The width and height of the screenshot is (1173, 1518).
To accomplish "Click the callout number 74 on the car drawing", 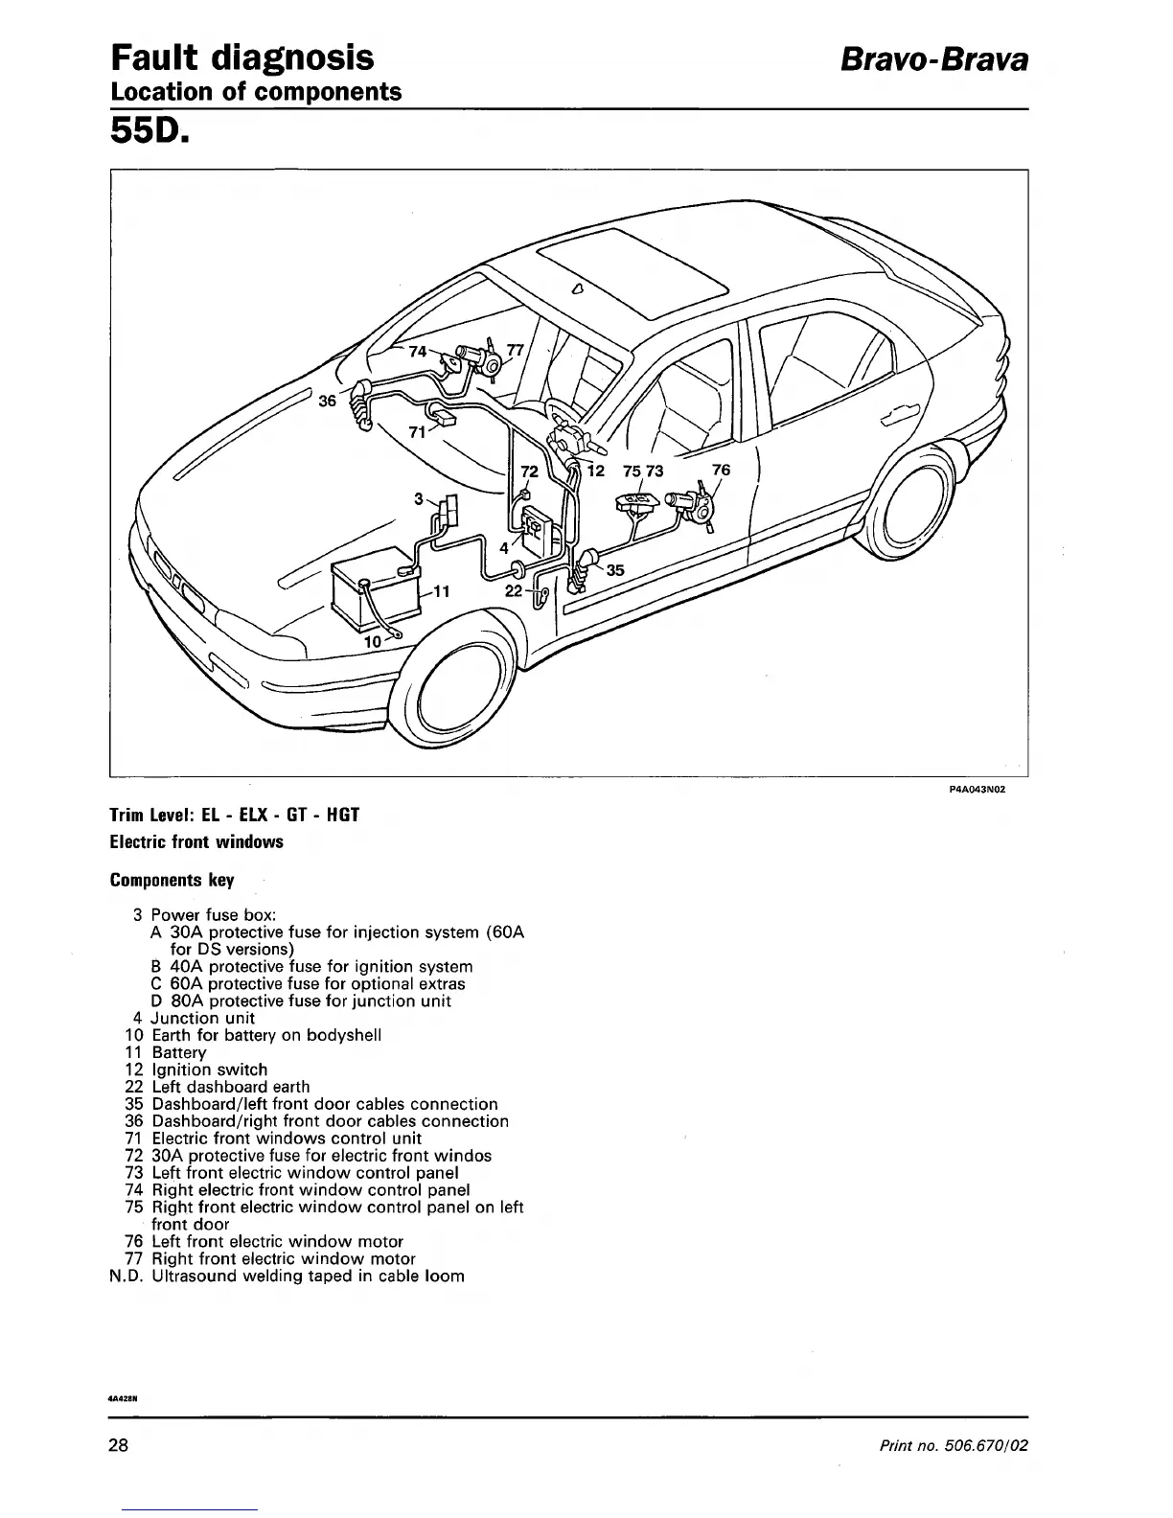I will [x=417, y=352].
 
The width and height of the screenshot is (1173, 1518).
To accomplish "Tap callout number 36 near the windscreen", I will [x=328, y=401].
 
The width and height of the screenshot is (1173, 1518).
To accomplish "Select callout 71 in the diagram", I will [x=417, y=431].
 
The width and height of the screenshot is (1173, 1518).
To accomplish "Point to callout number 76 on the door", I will [x=721, y=470].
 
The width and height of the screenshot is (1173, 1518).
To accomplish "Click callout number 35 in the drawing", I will [x=615, y=570].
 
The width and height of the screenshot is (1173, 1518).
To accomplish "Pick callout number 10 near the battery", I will [x=374, y=639].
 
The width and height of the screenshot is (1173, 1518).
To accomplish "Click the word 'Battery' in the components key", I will [x=179, y=1052].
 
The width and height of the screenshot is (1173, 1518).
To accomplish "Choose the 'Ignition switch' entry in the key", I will [x=210, y=1069].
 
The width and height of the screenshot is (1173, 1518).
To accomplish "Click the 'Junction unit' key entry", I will [x=203, y=1018].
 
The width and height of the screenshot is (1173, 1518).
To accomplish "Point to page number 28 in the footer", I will [x=119, y=1445].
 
